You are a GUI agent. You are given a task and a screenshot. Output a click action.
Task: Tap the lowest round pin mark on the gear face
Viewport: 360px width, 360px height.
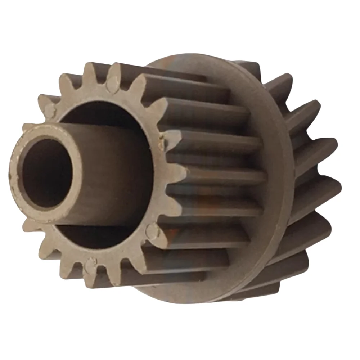[x=89, y=267]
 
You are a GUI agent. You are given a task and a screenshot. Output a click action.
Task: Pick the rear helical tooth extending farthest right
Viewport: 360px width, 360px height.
[x=333, y=187]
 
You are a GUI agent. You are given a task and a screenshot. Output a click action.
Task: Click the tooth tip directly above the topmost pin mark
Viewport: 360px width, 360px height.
[x=115, y=67]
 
